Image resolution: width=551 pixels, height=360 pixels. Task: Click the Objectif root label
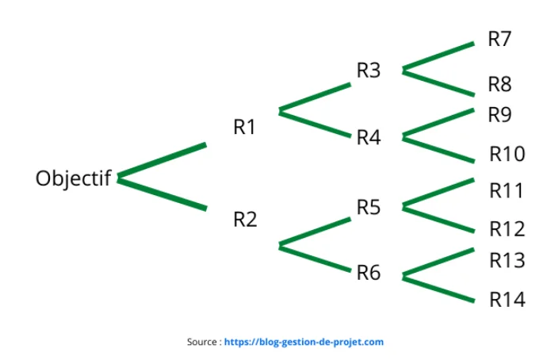point(74,178)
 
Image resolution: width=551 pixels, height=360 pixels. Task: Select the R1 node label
point(244,127)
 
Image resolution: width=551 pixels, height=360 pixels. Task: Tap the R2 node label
point(245,220)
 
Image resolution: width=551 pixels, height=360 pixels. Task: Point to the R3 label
point(369,70)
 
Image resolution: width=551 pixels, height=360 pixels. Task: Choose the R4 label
point(369,137)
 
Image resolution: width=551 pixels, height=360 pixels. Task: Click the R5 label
point(369,207)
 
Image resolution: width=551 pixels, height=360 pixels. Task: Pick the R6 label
point(369,273)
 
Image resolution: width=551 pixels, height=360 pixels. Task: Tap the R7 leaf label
point(499,39)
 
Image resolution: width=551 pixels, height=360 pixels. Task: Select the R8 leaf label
point(499,84)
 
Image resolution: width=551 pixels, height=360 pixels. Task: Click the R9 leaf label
point(499,115)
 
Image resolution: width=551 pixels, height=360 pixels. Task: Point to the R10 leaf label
point(507,154)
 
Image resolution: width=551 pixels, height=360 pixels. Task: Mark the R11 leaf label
point(507,190)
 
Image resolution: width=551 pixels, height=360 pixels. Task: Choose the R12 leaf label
point(507,229)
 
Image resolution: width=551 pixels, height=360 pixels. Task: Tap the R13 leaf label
point(507,261)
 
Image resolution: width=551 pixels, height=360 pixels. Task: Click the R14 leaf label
point(507,300)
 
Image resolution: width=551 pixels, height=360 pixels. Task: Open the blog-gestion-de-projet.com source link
point(304,342)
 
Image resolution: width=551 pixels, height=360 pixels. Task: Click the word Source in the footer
point(202,342)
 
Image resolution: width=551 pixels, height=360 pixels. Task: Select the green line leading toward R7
point(438,56)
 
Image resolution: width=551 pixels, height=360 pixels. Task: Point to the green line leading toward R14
point(438,289)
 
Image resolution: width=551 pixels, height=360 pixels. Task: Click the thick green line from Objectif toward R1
point(162,160)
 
